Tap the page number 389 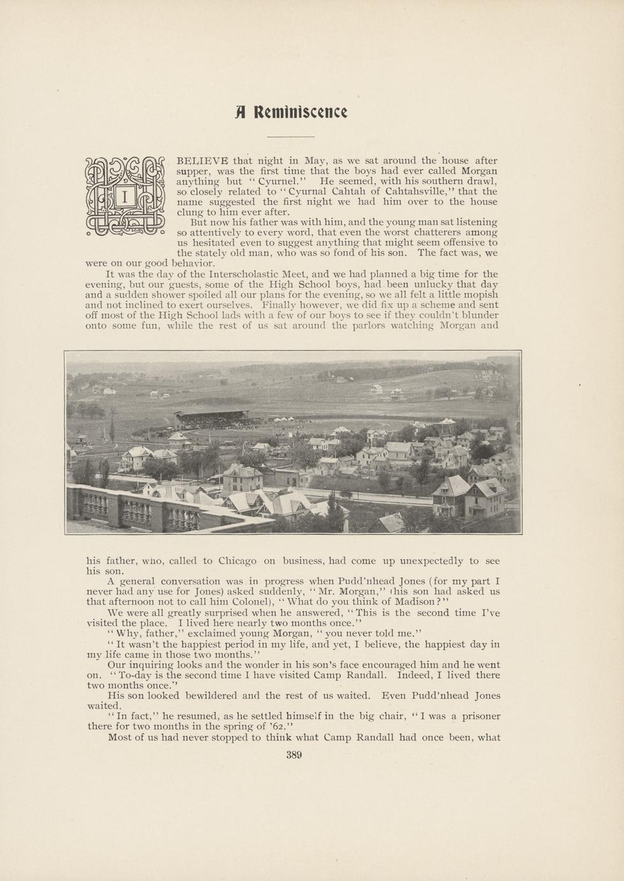pos(293,755)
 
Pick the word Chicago pos(237,561)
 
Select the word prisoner pos(479,716)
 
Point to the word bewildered pos(205,695)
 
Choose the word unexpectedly pos(431,561)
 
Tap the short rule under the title pos(290,137)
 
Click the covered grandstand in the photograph pos(214,418)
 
